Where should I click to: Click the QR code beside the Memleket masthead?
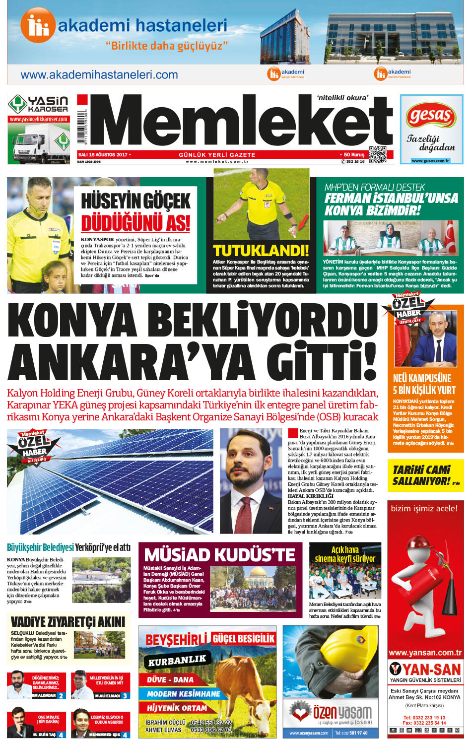tap(378, 155)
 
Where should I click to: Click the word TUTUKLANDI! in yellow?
tap(261, 250)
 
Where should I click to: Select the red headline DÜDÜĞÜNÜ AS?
tap(135, 222)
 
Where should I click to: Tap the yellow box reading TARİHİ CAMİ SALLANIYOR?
tap(425, 475)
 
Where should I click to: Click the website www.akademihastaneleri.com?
tap(99, 75)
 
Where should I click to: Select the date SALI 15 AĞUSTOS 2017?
tap(103, 155)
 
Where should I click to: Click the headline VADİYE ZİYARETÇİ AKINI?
tap(68, 621)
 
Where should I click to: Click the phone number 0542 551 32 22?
tap(210, 723)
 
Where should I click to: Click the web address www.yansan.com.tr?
tap(425, 653)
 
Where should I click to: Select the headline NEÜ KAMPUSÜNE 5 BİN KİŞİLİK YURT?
tap(424, 384)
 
